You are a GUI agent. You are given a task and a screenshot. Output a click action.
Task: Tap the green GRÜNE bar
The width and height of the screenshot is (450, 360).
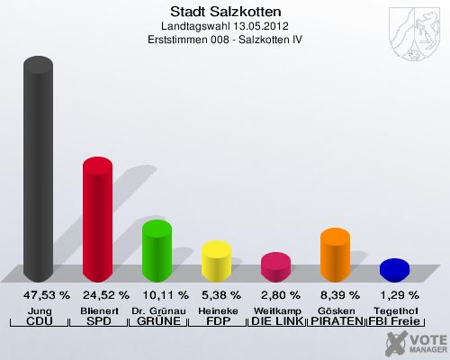tap(157, 250)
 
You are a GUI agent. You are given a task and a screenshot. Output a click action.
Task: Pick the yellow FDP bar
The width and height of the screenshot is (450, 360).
tap(216, 260)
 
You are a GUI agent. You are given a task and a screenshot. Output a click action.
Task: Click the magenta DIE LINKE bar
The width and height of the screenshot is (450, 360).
tap(275, 266)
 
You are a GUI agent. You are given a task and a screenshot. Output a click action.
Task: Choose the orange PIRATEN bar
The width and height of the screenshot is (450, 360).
tap(335, 254)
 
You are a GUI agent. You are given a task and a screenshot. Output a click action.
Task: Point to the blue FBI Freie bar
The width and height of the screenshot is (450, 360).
tap(394, 269)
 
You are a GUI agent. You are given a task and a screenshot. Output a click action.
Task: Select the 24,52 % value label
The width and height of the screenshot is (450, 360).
tap(106, 295)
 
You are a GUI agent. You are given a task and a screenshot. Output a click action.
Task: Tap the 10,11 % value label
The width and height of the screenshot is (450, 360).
tap(166, 295)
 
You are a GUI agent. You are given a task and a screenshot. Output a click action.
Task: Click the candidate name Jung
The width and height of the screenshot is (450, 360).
tap(40, 310)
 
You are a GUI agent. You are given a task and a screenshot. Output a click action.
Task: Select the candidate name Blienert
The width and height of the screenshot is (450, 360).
tap(99, 310)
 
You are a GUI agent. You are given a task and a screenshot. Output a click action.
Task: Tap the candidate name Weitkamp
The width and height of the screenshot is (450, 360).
tap(276, 310)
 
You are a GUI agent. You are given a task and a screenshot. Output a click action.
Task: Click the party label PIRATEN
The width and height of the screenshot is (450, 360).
tap(336, 321)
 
